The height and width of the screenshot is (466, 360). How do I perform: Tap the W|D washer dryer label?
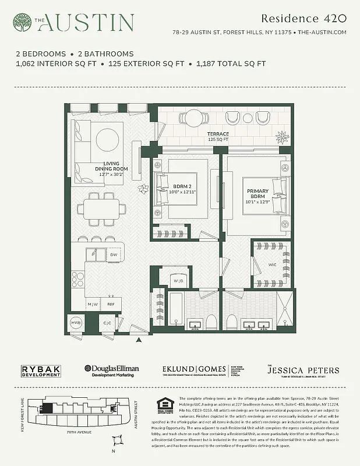178,281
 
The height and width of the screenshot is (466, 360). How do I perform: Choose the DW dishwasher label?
114,255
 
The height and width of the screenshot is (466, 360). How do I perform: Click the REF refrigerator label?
111,303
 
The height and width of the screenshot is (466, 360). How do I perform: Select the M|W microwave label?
93,303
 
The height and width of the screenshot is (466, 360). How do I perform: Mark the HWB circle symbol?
76,323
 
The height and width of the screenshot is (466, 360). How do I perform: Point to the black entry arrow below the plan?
139,340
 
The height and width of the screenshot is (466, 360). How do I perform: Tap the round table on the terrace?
193,118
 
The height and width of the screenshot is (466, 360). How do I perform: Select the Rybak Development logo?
41,370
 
